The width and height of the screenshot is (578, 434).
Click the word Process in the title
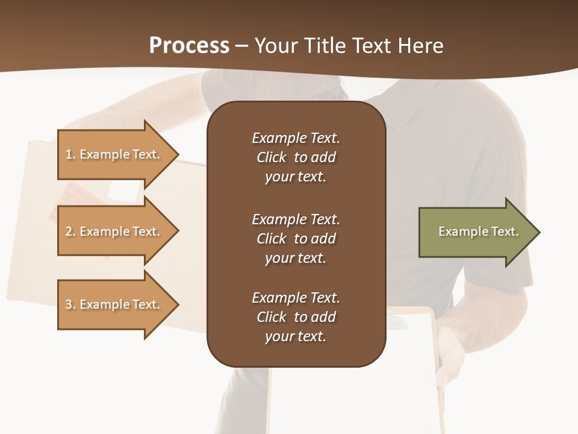click(x=189, y=46)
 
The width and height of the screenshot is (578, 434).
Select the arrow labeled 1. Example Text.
click(x=114, y=154)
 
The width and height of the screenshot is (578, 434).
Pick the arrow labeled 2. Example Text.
click(x=114, y=231)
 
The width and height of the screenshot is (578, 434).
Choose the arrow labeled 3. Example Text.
click(x=114, y=304)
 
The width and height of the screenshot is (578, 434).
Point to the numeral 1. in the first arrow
click(x=70, y=154)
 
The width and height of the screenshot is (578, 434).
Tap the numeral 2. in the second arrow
click(x=70, y=231)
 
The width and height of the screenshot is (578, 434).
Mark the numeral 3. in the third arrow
click(x=70, y=304)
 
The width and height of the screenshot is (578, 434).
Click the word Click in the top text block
click(x=271, y=157)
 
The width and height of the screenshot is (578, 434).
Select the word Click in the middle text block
click(x=271, y=239)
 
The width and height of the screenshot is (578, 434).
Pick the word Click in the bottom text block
click(x=271, y=317)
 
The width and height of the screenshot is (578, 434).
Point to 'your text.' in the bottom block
click(x=295, y=336)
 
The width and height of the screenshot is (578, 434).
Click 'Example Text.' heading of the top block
click(x=296, y=138)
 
